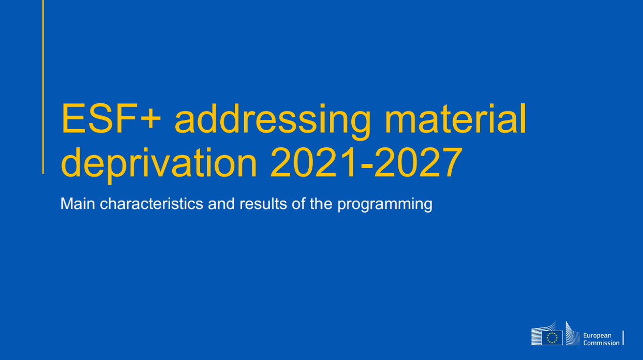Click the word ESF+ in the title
(x=111, y=118)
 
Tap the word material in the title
(x=455, y=118)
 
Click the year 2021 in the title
(x=314, y=162)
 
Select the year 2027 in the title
(x=418, y=162)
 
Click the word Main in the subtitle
(x=77, y=203)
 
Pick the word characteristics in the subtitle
(x=152, y=203)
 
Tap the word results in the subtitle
(x=263, y=203)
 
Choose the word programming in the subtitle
(x=385, y=205)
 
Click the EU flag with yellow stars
(x=552, y=337)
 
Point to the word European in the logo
(x=597, y=336)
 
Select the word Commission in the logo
(x=601, y=343)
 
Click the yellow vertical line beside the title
(x=43, y=87)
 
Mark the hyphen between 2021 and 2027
(x=367, y=167)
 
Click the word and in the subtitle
(x=221, y=203)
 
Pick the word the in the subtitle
(x=321, y=203)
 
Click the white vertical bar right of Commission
(x=623, y=338)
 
